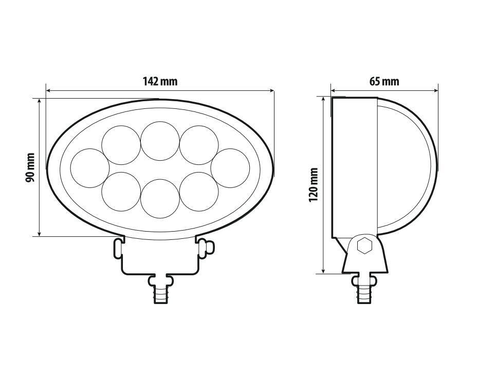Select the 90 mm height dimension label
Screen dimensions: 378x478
(30, 167)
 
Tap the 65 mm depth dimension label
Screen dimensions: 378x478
(384, 82)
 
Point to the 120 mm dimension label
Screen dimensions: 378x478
(314, 185)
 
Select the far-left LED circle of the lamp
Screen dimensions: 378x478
(89, 167)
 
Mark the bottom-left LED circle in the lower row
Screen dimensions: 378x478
(121, 191)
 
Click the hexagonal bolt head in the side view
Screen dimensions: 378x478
(365, 246)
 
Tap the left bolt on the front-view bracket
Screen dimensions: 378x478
(118, 247)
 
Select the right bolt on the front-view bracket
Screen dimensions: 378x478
(204, 247)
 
